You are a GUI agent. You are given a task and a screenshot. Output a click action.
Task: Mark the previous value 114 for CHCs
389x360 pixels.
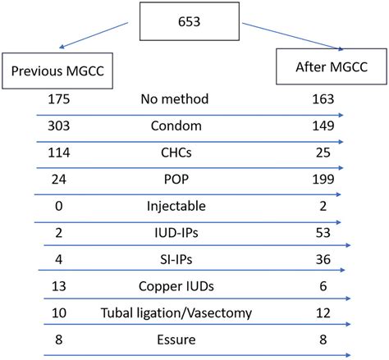(x=61, y=153)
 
